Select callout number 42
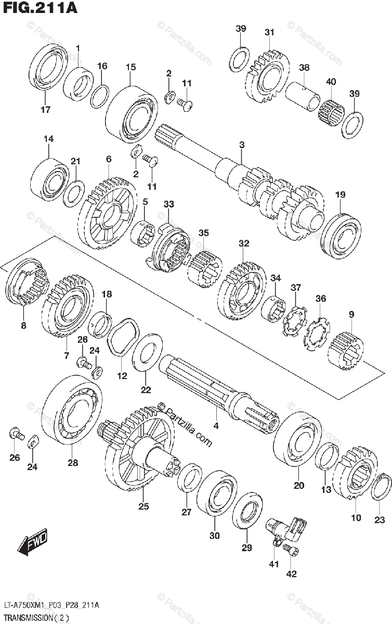click(x=291, y=574)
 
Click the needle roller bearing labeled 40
click(x=331, y=110)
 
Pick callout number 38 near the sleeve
click(x=304, y=67)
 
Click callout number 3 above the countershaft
click(x=242, y=144)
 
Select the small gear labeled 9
click(x=346, y=351)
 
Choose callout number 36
click(x=321, y=298)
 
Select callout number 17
click(x=45, y=109)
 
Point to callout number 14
click(x=48, y=139)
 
